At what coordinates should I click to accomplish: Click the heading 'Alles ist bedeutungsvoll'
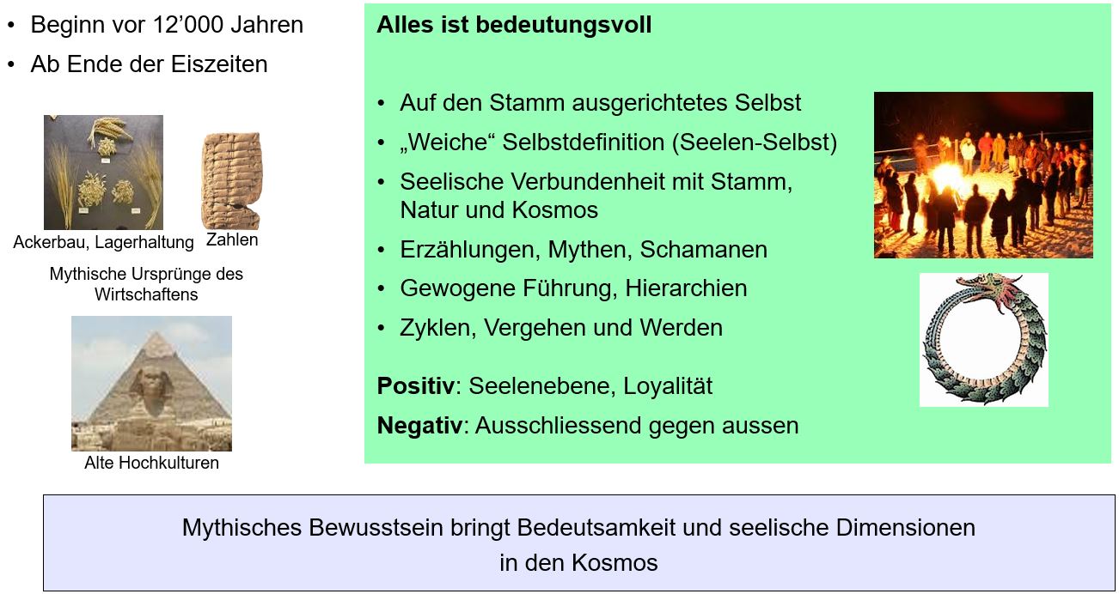click(514, 25)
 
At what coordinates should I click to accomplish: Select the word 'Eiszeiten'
click(219, 64)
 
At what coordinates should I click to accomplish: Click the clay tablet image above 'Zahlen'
click(231, 180)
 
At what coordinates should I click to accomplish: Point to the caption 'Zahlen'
click(232, 239)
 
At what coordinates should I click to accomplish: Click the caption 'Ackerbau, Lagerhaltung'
click(103, 242)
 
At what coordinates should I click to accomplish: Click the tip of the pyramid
click(159, 333)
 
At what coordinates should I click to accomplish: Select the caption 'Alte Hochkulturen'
click(151, 463)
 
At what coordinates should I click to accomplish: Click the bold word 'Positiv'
click(416, 386)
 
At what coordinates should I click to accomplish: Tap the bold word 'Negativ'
click(419, 426)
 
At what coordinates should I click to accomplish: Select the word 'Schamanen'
click(703, 250)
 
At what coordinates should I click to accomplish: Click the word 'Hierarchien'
click(686, 288)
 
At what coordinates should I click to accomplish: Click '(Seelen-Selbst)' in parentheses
click(755, 142)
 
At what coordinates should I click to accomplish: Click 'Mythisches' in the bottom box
click(242, 528)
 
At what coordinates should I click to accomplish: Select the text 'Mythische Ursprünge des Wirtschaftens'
click(146, 284)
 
